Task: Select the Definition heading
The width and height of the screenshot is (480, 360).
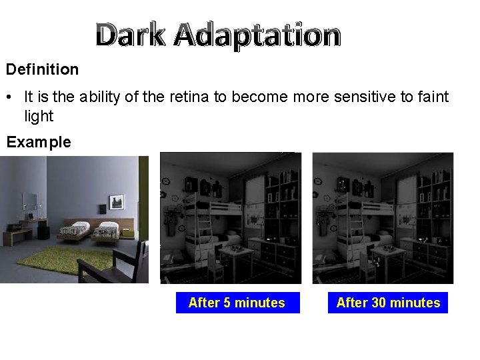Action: (43, 69)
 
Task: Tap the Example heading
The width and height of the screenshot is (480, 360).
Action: (39, 142)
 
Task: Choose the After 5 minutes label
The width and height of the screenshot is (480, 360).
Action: (237, 303)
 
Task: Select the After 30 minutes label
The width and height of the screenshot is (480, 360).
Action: (388, 303)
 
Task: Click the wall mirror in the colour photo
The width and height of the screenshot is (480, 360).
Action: (30, 201)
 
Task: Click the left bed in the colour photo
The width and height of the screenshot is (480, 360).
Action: (73, 230)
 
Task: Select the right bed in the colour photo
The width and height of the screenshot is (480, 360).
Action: (107, 231)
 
